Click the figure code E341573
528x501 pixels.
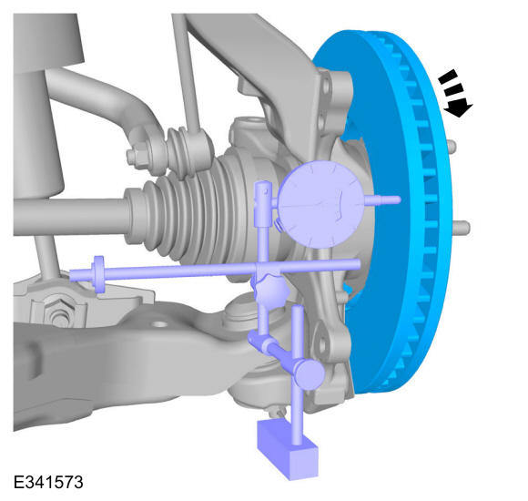coord(48,482)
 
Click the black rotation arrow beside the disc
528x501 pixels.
coord(455,94)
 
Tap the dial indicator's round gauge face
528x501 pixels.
coord(320,205)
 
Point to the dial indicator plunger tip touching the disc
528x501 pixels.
coord(399,199)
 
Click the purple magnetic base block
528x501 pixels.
coord(288,449)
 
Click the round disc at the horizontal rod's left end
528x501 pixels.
coord(98,274)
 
